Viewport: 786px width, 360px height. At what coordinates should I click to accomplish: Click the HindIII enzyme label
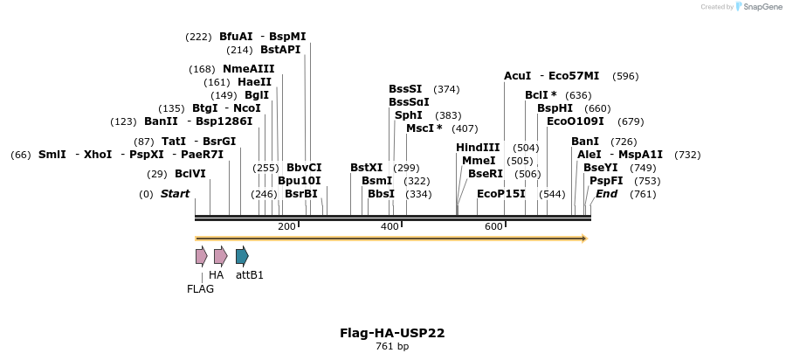pos(478,148)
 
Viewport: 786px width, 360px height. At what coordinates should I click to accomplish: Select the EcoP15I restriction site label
pos(501,194)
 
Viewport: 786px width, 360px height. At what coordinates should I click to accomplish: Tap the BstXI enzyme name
pos(366,168)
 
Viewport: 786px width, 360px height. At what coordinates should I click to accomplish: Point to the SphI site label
pos(409,115)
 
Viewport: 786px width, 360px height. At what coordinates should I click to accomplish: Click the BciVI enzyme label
pos(190,174)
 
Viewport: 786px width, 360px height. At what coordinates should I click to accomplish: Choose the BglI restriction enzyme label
pos(257,95)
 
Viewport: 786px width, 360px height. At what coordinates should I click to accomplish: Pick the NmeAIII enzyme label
pos(249,69)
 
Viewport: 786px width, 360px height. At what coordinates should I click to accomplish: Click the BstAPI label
pos(280,50)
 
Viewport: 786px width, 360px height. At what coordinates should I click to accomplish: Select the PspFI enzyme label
pos(606,181)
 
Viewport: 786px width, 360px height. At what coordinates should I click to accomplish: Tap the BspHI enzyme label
pos(555,108)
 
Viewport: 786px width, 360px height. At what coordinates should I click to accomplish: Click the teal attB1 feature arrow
pos(242,256)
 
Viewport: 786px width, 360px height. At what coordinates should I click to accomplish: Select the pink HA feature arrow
pos(220,256)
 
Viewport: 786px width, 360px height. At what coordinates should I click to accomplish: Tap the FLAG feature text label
pos(200,289)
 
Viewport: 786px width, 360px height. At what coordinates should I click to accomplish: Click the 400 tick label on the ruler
pos(390,227)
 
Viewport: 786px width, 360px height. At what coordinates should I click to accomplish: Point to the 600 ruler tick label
pos(493,227)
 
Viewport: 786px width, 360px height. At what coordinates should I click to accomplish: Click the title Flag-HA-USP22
pos(392,333)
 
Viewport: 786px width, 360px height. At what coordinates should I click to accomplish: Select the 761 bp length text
pos(392,347)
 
